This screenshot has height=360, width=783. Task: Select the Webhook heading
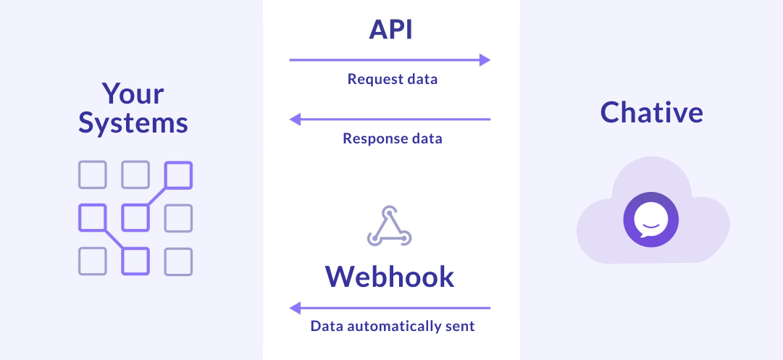(390, 276)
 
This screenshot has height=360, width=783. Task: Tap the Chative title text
(651, 112)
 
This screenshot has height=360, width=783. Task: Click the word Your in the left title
(133, 93)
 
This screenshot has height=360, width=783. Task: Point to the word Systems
(133, 122)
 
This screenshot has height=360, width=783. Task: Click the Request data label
(392, 80)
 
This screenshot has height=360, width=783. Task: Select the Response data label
(392, 138)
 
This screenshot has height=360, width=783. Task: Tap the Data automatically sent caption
(392, 326)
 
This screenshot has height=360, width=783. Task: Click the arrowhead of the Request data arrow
(485, 60)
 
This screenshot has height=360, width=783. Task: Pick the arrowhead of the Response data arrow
(295, 120)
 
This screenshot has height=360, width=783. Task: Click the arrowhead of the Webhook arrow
(295, 309)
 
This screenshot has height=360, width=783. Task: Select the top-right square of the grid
(178, 175)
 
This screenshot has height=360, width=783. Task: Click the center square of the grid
(135, 218)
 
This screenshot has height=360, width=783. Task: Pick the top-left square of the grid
(93, 175)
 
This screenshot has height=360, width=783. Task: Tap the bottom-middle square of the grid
(135, 261)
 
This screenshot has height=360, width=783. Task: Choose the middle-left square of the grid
(93, 218)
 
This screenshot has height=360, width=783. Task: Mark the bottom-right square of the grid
(178, 261)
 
